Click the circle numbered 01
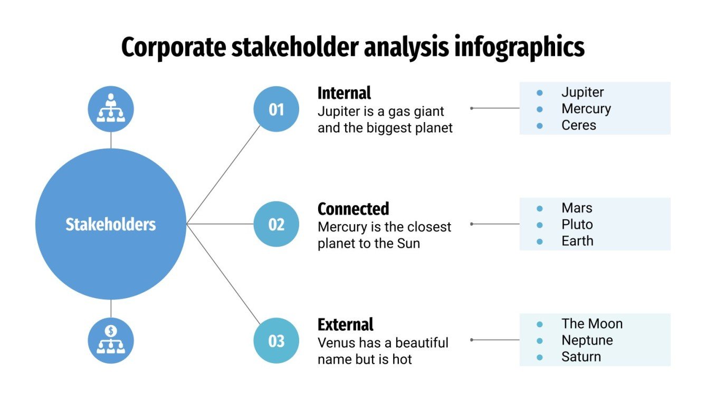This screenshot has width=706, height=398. (276, 109)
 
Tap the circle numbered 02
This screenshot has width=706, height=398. (276, 224)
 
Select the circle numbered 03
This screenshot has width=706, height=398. (276, 341)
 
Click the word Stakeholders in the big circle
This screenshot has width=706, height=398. (111, 225)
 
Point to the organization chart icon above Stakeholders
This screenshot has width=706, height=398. (111, 109)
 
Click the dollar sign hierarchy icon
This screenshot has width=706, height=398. (111, 340)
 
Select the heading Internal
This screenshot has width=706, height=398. (344, 93)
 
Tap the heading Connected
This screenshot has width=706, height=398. (353, 209)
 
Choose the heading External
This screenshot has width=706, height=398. (345, 325)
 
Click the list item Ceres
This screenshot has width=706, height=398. (578, 125)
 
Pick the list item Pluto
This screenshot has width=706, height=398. (577, 225)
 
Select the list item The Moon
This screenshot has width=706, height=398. (591, 323)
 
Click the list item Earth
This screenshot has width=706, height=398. (577, 241)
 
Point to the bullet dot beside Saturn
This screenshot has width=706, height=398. (539, 357)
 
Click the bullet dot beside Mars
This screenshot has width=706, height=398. (539, 208)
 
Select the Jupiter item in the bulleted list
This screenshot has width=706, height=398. (583, 92)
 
